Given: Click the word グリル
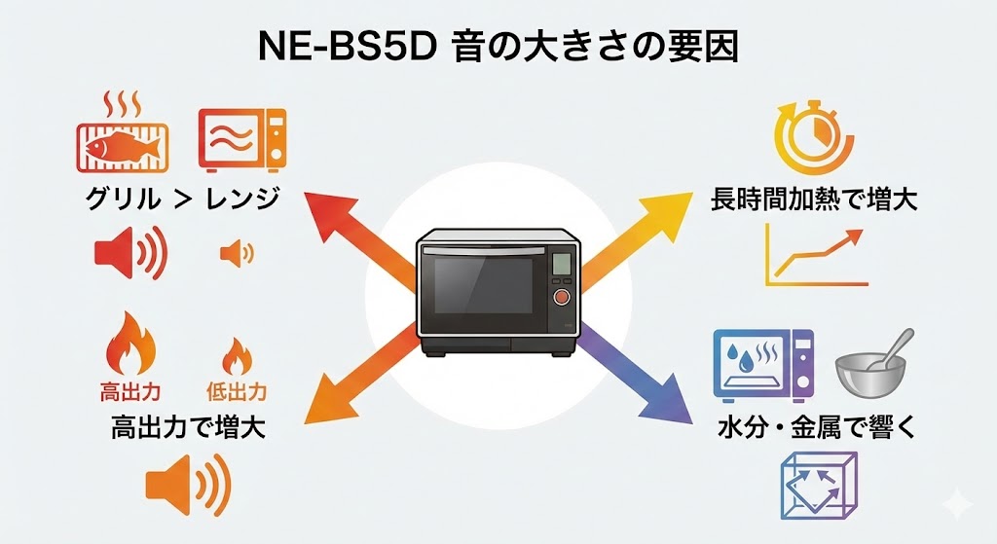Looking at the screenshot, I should coord(120,200).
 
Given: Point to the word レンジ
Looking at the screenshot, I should coord(242,200).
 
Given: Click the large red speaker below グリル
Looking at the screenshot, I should coord(129,254).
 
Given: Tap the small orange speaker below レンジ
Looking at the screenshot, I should coord(237,254).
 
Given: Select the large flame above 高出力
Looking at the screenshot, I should coord(129,346).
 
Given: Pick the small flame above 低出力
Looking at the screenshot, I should coord(235,357).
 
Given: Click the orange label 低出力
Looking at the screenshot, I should coord(236,393).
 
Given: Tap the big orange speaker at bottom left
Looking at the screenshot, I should coord(189,486).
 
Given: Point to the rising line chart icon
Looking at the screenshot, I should coord(815,255).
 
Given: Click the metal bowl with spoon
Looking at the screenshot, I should coord(872,361).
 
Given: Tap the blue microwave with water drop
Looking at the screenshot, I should coord(764,365).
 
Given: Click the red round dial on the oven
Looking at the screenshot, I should coord(562,297).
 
